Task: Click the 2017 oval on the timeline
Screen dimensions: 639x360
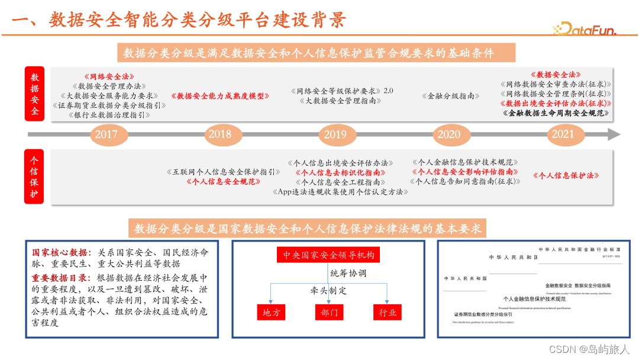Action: coord(106,134)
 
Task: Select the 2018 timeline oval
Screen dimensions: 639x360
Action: coord(220,134)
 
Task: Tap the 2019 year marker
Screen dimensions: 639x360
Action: coord(335,134)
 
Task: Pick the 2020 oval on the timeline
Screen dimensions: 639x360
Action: coord(449,134)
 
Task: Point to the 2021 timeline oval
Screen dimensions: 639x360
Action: coord(563,134)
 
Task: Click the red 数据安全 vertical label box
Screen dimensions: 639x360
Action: coord(35,94)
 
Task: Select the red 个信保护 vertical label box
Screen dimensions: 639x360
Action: coord(35,176)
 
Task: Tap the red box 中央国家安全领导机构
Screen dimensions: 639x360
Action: coord(328,255)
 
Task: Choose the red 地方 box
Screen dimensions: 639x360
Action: coord(271,312)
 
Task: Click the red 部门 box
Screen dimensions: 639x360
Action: coord(329,312)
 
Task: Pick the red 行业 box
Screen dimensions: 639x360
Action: coord(388,312)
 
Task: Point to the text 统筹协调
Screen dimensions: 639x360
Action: coord(348,273)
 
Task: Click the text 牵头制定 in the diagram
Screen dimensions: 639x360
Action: coord(329,291)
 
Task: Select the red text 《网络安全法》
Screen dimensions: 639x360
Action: coord(109,76)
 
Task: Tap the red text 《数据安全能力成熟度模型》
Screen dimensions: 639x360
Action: coord(220,95)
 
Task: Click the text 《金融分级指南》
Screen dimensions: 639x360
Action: coord(451,95)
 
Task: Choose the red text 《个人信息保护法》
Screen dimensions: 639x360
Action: coord(566,176)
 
